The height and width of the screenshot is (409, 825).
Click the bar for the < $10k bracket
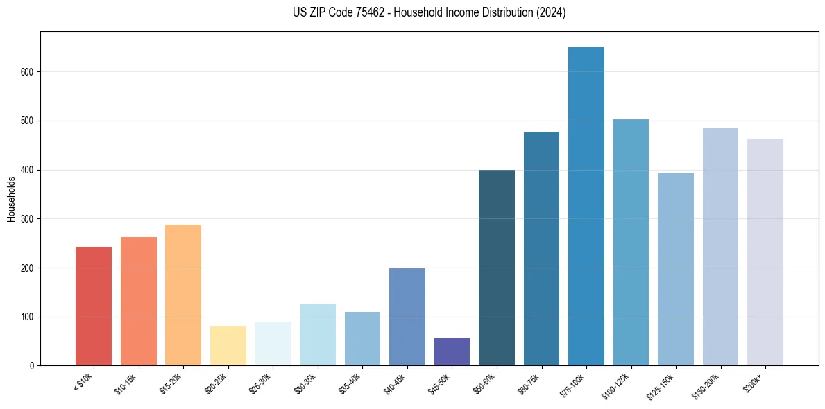[94, 306]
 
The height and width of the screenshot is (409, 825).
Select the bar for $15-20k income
[183, 295]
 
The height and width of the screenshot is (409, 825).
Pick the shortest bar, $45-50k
[452, 351]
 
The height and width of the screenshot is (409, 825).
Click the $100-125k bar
[631, 242]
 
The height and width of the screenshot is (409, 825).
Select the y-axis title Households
[12, 198]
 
